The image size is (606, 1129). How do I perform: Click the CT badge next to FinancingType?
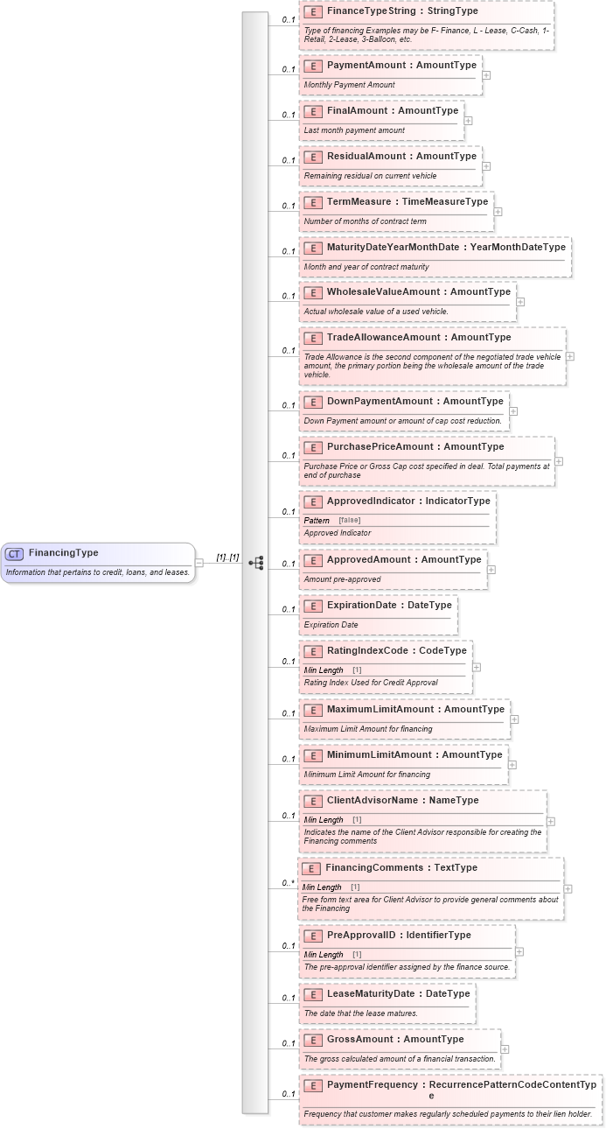click(x=14, y=553)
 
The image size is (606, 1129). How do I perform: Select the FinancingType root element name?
click(x=64, y=553)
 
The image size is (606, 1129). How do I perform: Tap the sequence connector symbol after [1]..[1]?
click(x=256, y=563)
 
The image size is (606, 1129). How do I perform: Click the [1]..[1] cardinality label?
click(x=227, y=557)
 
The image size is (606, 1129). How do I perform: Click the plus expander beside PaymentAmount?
click(x=486, y=75)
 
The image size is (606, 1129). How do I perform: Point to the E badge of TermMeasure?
click(x=312, y=202)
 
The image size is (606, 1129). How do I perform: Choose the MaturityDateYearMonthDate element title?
click(x=393, y=248)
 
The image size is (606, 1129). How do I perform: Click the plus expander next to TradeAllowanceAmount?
click(x=570, y=356)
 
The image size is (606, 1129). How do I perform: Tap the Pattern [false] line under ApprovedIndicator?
click(x=332, y=520)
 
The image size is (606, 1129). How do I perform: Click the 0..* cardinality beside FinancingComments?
click(x=287, y=883)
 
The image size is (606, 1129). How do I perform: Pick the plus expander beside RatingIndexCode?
click(x=477, y=667)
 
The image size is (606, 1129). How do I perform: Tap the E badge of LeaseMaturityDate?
click(x=312, y=994)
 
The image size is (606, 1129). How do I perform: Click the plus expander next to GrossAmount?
click(x=505, y=1049)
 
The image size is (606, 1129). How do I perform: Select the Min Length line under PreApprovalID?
click(x=332, y=954)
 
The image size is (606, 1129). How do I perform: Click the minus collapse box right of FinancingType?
click(x=199, y=563)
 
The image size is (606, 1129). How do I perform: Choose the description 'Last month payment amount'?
click(x=354, y=130)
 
